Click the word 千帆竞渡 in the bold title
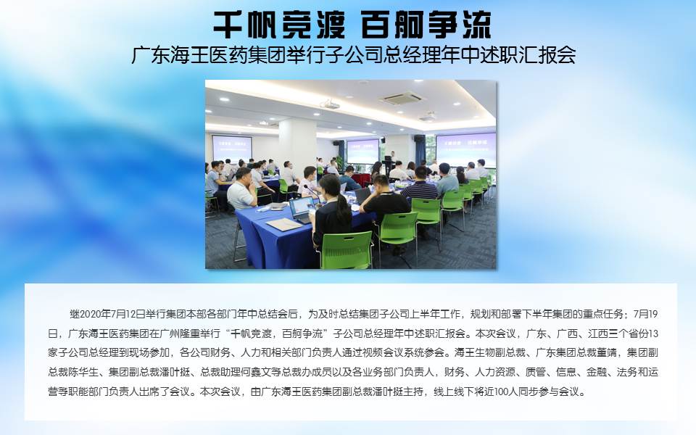279,25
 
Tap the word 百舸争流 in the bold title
426,25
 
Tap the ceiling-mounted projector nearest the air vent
330,104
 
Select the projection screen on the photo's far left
232,148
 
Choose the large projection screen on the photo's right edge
465,149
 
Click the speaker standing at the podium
391,161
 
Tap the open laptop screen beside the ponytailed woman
301,207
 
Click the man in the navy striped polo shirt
420,185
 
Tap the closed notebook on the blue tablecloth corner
284,225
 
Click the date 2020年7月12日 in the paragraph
108,314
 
